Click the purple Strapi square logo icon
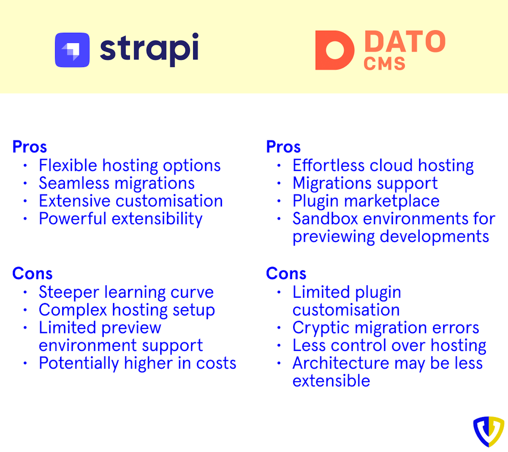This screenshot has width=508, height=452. click(x=72, y=50)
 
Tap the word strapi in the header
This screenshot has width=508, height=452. click(x=149, y=49)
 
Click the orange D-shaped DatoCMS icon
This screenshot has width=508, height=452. click(x=334, y=50)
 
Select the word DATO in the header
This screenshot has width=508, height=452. click(x=405, y=42)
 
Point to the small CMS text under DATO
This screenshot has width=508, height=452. click(x=384, y=64)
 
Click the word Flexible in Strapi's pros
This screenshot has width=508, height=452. click(x=68, y=166)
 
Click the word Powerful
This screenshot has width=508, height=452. click(x=72, y=219)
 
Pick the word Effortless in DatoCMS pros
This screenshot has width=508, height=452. click(x=328, y=166)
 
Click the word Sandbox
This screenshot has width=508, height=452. click(x=325, y=219)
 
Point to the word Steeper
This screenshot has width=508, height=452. click(x=69, y=292)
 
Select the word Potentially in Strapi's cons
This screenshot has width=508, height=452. click(x=79, y=363)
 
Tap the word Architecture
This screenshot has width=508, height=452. click(x=341, y=363)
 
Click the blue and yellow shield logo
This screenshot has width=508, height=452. click(x=488, y=431)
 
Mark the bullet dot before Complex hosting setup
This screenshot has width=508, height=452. click(x=25, y=310)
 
